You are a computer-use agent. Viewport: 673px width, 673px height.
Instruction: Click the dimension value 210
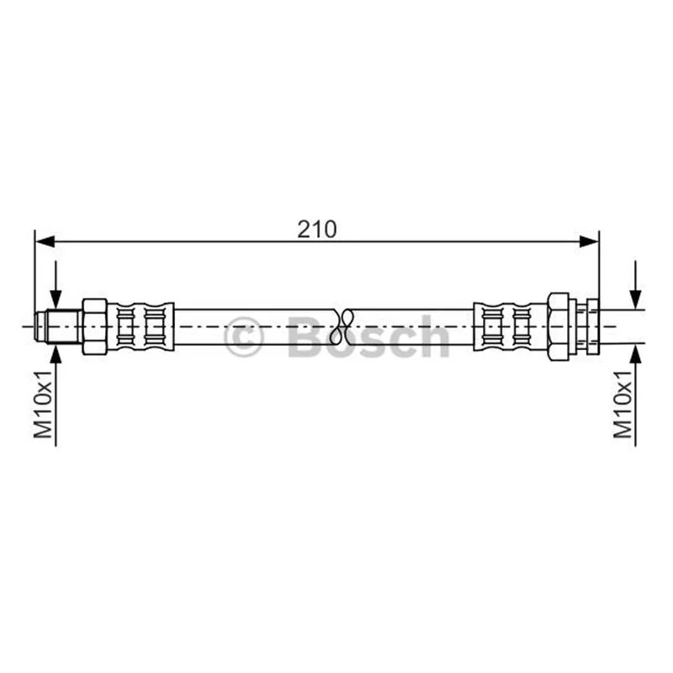[x=317, y=230]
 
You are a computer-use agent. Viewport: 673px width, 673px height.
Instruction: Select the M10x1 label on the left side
[x=44, y=404]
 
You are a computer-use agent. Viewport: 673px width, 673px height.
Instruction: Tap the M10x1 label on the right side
[x=623, y=404]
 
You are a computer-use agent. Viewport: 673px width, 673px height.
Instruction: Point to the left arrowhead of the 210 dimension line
[x=45, y=241]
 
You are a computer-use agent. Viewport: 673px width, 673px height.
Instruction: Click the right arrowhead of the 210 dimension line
[x=588, y=241]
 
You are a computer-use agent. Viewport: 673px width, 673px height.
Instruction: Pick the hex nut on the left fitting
[x=94, y=326]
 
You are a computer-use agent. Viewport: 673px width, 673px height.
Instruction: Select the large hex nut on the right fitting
[x=559, y=326]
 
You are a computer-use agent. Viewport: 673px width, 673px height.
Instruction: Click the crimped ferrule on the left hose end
[x=140, y=326]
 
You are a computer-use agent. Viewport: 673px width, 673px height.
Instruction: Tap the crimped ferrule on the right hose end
[x=511, y=326]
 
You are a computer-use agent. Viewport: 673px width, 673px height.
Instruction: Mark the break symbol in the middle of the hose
[x=342, y=326]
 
